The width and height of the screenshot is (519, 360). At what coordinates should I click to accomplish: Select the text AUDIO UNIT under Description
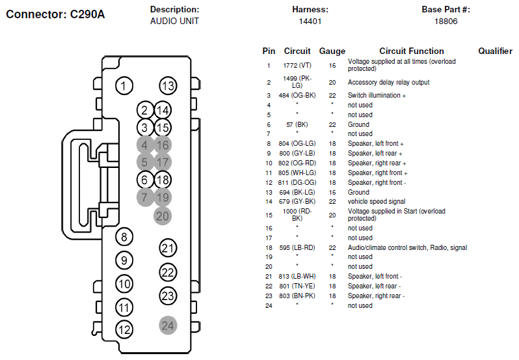pos(174,21)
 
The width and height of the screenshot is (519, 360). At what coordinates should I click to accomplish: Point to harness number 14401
pos(310,21)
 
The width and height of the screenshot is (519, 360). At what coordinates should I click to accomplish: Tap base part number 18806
pos(446,21)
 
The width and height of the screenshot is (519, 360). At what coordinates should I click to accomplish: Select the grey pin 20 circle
pos(163,216)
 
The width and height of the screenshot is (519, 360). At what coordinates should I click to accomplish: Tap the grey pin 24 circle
pos(168,325)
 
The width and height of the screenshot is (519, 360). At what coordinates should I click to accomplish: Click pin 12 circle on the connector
pos(124,329)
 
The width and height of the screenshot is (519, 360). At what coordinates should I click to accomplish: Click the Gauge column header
pos(332,51)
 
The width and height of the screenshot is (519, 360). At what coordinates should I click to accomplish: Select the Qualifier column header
pos(495,51)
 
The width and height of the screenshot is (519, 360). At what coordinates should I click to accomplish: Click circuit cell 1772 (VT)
pos(297,66)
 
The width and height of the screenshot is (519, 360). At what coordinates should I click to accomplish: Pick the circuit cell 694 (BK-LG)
pos(297,193)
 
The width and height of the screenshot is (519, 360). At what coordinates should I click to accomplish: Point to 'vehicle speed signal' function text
pos(377,201)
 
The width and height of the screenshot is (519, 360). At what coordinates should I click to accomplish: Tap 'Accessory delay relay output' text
pos(388,82)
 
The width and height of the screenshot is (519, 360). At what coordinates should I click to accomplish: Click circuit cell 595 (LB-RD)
pos(297,248)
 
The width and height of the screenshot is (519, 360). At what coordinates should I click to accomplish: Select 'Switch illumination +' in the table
pos(377,96)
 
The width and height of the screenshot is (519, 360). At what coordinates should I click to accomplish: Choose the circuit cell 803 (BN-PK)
pos(297,296)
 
